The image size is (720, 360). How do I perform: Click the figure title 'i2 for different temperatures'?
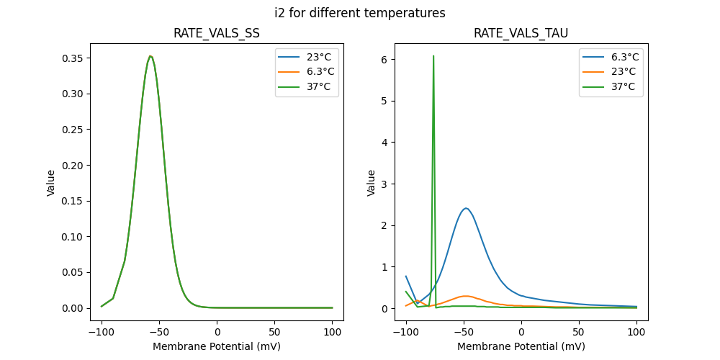pyautogui.click(x=360, y=13)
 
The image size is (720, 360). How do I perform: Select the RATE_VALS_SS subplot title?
pyautogui.click(x=217, y=34)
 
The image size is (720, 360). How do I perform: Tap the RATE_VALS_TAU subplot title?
pyautogui.click(x=521, y=34)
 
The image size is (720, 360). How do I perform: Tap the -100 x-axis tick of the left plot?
pyautogui.click(x=102, y=333)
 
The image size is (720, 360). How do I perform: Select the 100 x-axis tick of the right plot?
pyautogui.click(x=636, y=333)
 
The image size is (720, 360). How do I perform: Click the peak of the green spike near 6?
pyautogui.click(x=433, y=55)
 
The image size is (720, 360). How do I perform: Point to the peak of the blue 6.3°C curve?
pyautogui.click(x=466, y=208)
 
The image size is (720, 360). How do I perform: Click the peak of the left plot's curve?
pyautogui.click(x=150, y=56)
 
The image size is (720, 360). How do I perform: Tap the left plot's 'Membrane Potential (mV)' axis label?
pyautogui.click(x=217, y=346)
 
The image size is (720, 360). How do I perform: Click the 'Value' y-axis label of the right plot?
pyautogui.click(x=372, y=182)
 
